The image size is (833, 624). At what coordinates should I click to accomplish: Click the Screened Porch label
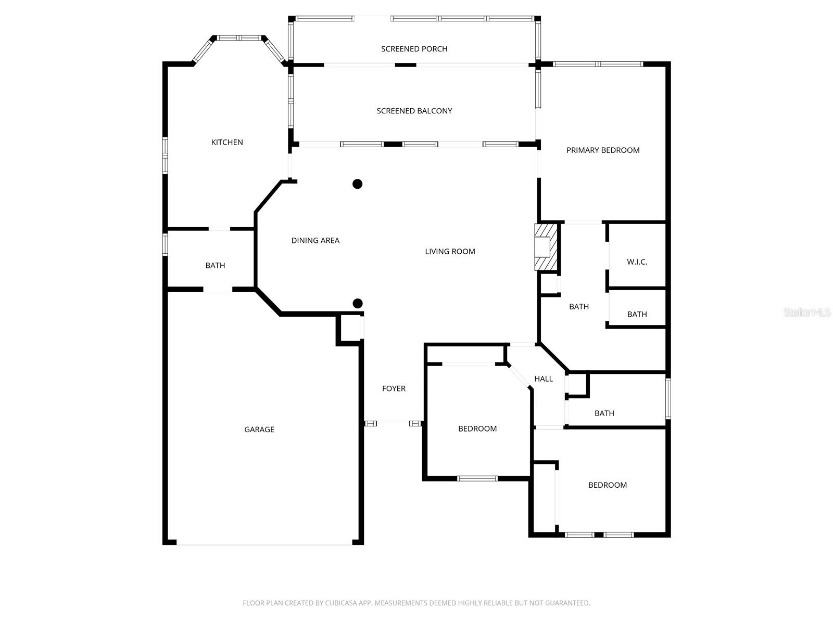point(414,49)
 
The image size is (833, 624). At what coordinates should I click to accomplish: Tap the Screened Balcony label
point(414,111)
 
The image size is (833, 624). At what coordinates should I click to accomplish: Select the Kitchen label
point(227,142)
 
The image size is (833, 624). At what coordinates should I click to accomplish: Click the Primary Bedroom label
point(602,150)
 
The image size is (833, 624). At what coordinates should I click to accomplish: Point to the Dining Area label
point(315,240)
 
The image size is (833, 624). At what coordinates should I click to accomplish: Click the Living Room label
point(450,252)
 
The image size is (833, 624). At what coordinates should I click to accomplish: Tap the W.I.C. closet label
point(637,262)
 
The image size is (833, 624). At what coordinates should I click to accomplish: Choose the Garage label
point(259,430)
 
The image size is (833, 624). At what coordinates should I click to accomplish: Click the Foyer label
point(394,388)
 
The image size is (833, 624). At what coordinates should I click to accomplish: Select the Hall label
point(544,379)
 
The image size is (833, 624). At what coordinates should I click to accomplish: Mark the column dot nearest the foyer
point(358,303)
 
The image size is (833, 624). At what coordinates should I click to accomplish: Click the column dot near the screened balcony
point(358,184)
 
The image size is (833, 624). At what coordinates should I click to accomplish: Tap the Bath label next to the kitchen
point(215,266)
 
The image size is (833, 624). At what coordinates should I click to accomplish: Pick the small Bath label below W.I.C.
point(637,315)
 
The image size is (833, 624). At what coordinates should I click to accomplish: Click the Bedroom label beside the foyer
point(477,429)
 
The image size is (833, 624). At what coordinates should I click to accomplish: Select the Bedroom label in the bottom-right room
point(607,485)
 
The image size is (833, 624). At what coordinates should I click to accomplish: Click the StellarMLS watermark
point(807,313)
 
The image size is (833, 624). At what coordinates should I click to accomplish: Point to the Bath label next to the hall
point(604,413)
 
